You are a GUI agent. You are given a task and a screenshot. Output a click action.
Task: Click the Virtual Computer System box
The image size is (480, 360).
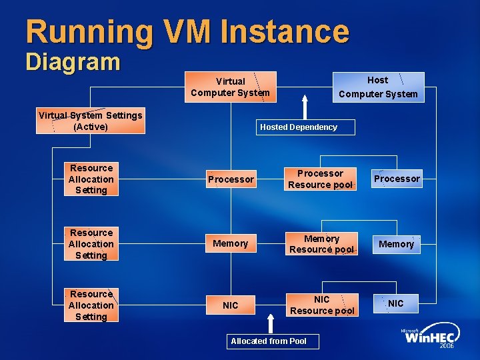230,87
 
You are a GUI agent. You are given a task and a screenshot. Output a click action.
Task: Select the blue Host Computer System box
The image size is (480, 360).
378,87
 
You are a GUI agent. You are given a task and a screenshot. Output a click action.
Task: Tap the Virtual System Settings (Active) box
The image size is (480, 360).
90,121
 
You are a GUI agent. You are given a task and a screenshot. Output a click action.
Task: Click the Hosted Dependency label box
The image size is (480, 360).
299,127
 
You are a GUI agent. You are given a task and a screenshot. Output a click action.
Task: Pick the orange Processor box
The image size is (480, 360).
231,179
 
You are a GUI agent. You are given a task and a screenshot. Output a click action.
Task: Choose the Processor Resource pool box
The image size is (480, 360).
320,179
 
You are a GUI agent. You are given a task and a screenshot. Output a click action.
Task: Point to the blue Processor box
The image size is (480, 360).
397,179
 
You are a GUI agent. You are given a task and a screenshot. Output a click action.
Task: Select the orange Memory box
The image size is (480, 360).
231,244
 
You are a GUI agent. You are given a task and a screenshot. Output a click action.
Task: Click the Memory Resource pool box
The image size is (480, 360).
321,244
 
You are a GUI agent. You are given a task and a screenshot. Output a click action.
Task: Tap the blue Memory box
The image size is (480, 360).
397,245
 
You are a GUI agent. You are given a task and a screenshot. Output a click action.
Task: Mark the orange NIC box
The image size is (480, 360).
231,305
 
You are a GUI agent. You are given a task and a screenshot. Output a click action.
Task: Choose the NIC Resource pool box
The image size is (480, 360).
322,305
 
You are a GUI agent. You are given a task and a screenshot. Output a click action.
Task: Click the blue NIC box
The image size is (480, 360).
396,304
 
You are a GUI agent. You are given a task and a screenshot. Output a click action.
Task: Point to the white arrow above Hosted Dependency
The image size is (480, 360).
305,107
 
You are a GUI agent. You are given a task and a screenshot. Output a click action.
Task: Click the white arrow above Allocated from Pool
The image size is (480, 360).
269,323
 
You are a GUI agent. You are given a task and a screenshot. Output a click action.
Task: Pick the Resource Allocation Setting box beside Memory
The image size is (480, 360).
91,244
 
